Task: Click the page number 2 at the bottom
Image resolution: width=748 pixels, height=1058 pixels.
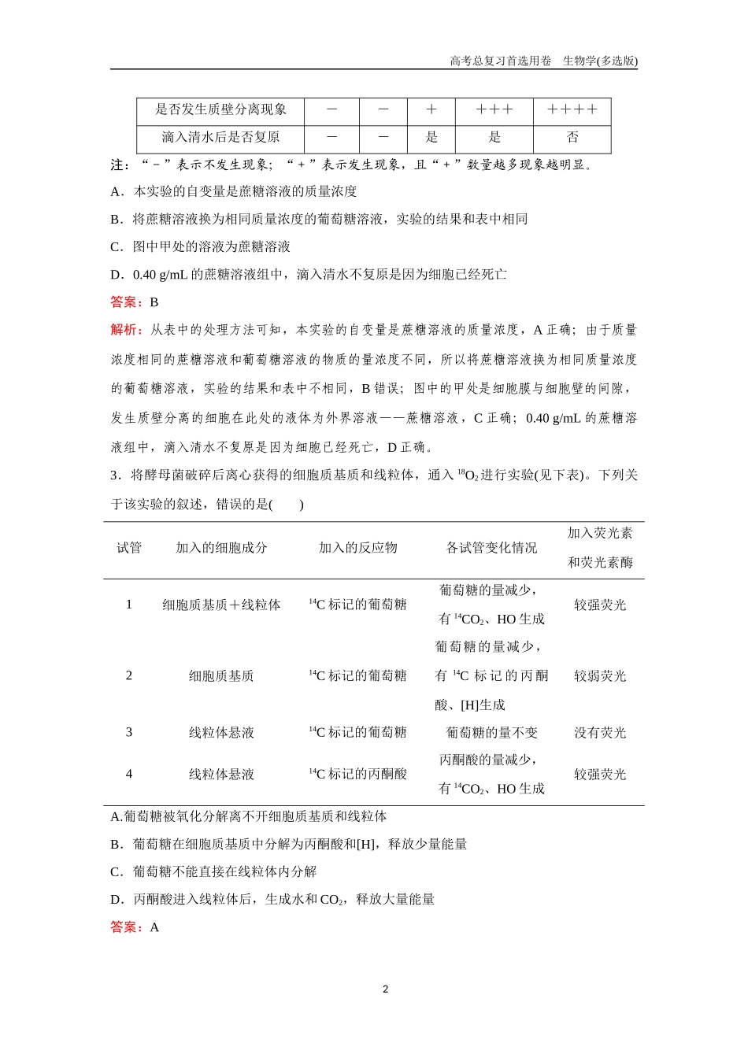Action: click(385, 990)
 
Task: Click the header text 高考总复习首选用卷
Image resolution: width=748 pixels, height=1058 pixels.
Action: click(501, 61)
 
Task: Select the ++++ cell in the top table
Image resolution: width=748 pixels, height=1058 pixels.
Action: click(572, 110)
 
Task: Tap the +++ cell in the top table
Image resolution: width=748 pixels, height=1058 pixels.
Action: click(494, 110)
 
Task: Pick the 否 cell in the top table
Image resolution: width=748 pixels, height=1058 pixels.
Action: click(572, 137)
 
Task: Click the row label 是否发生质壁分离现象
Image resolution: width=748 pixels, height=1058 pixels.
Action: click(220, 110)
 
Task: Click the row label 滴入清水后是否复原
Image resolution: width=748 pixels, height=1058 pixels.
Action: click(220, 137)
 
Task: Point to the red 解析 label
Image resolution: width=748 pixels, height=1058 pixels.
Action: click(126, 330)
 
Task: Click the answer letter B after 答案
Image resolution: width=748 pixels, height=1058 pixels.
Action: click(154, 302)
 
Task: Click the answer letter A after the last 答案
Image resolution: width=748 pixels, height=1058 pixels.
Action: click(154, 927)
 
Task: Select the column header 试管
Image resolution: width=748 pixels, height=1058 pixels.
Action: click(129, 548)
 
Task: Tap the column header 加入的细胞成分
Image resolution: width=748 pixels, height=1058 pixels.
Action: click(221, 548)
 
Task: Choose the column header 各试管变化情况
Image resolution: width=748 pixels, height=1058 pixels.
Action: click(491, 548)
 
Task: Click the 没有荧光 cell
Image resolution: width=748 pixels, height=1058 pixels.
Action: click(600, 733)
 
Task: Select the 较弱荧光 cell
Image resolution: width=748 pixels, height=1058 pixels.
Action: click(600, 676)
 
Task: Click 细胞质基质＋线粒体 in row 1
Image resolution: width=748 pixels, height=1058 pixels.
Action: click(221, 605)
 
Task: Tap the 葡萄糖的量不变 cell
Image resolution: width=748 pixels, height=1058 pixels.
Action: click(491, 733)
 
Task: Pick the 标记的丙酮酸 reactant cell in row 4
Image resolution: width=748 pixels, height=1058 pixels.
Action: click(359, 775)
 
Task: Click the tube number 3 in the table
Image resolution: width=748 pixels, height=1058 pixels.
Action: click(129, 733)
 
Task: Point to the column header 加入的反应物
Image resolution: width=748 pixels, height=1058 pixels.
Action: click(357, 548)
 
